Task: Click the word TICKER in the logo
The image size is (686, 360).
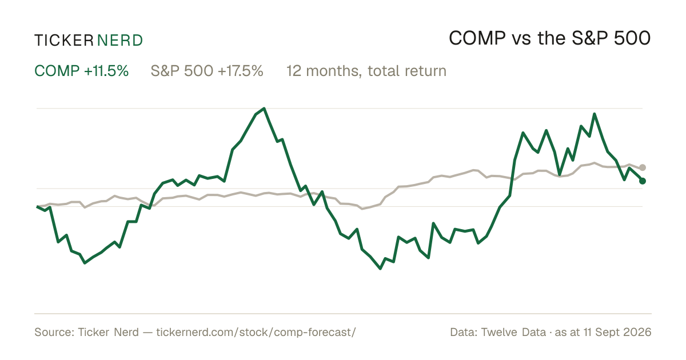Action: (x=63, y=41)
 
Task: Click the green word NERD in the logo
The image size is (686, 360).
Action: (x=119, y=41)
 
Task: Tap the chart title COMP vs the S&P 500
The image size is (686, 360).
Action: (x=550, y=38)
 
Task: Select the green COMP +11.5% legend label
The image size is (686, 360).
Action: (x=81, y=71)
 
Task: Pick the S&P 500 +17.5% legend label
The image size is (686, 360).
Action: (x=207, y=71)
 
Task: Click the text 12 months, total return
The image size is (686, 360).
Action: (x=366, y=71)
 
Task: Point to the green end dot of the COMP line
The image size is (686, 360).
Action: (x=643, y=181)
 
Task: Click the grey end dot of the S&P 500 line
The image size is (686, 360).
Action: (x=643, y=167)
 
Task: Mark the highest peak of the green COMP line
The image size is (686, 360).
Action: (x=264, y=109)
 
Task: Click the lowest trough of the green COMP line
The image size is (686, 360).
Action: (x=380, y=269)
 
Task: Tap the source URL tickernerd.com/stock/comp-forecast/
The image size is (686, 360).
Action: (x=256, y=332)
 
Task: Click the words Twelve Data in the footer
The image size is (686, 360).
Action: (x=513, y=332)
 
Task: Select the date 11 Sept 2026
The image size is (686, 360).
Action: (x=617, y=332)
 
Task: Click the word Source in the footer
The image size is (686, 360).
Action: (x=53, y=332)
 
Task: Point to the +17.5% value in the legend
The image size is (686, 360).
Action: (x=241, y=71)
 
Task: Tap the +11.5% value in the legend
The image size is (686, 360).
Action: (x=106, y=71)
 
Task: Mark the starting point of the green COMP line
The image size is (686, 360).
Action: (x=37, y=207)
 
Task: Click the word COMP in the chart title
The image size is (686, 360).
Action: (x=477, y=38)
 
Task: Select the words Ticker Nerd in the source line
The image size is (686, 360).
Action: (x=108, y=332)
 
